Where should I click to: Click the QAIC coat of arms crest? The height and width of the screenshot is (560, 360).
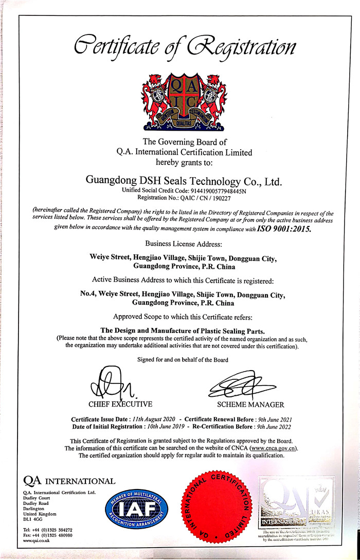(x=180, y=101)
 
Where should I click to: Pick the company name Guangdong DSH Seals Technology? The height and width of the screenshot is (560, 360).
(x=183, y=181)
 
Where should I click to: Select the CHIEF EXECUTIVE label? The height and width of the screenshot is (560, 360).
(x=120, y=404)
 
